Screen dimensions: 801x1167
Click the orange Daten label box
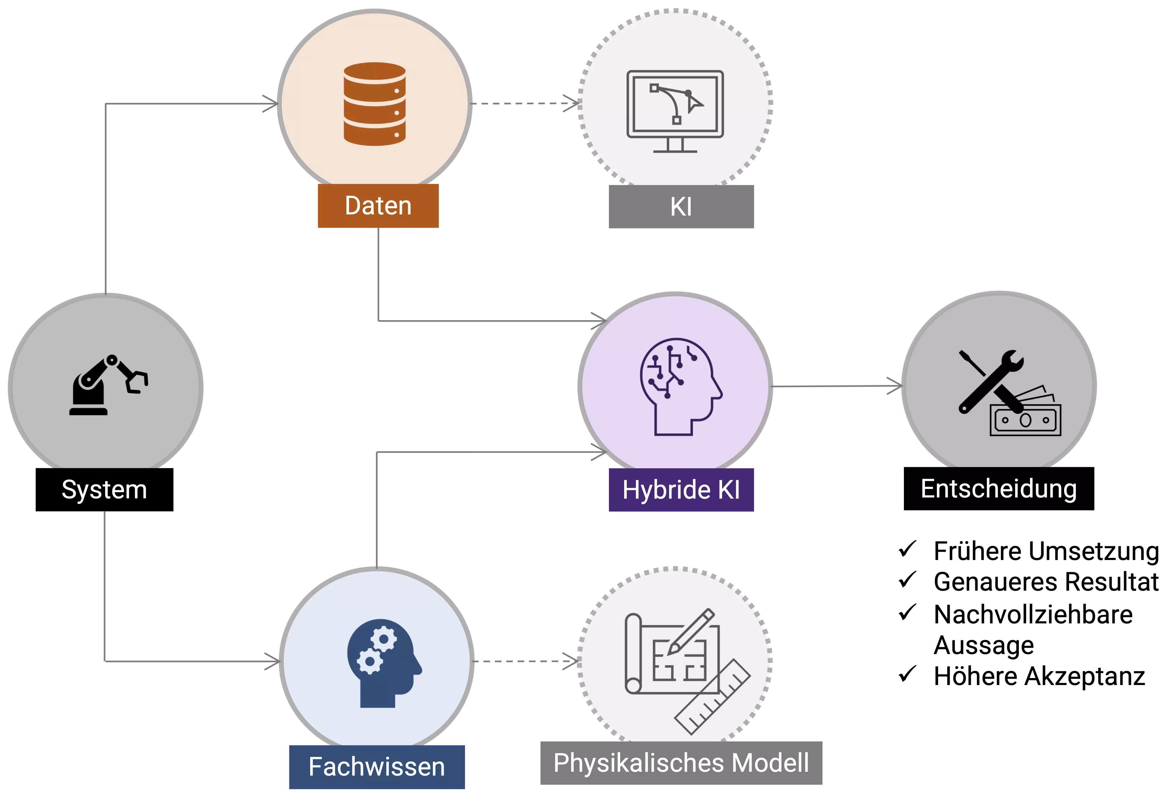[x=378, y=206]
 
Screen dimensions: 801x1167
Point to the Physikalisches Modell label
[x=681, y=763]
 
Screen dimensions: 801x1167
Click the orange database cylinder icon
[x=374, y=104]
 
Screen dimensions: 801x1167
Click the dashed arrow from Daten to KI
[x=525, y=103]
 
